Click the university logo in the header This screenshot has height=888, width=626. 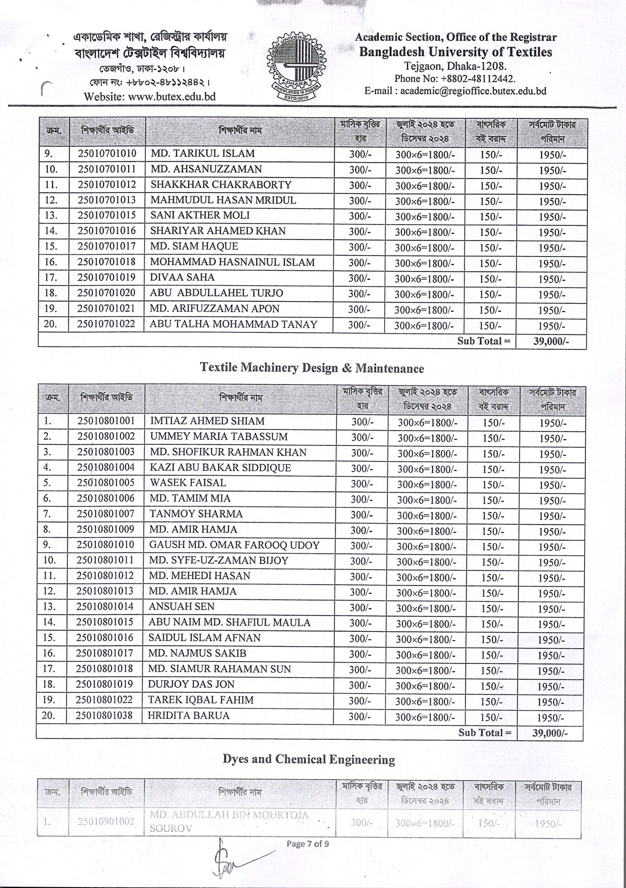pos(296,66)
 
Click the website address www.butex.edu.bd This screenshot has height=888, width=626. pos(150,96)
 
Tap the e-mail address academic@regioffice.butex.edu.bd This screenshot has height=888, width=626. pos(455,91)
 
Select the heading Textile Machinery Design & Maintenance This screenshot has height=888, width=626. pos(311,367)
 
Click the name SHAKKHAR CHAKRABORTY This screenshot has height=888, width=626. pos(221,184)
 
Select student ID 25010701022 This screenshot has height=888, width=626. pos(106,324)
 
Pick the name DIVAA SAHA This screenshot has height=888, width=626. pos(182,277)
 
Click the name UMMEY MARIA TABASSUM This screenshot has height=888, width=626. pos(219,437)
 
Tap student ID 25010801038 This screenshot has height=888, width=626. pos(104,715)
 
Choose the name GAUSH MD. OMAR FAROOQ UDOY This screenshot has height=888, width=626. pos(234,545)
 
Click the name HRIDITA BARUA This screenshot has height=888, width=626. pos(189,715)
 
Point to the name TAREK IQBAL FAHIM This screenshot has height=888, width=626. pos(201,700)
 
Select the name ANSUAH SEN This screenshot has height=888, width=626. pos(181,606)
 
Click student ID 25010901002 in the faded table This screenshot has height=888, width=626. pos(106,821)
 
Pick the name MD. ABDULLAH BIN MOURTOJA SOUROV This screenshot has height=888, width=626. pos(229,821)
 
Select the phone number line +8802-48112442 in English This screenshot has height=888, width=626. pos(455,79)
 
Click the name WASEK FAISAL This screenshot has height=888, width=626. pos(188,483)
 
